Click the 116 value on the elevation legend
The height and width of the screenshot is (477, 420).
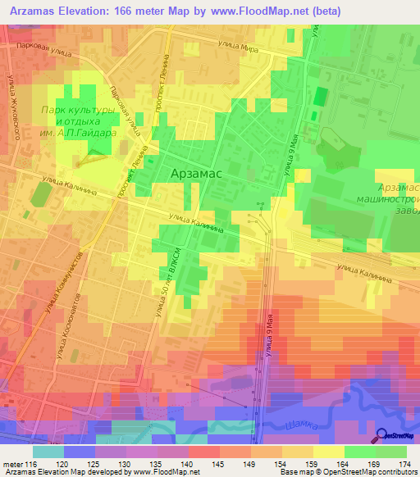[x=30, y=466]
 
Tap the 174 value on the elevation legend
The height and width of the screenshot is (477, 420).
[x=405, y=466]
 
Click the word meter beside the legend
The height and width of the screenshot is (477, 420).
[x=11, y=466]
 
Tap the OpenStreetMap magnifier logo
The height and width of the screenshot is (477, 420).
[x=382, y=436]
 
